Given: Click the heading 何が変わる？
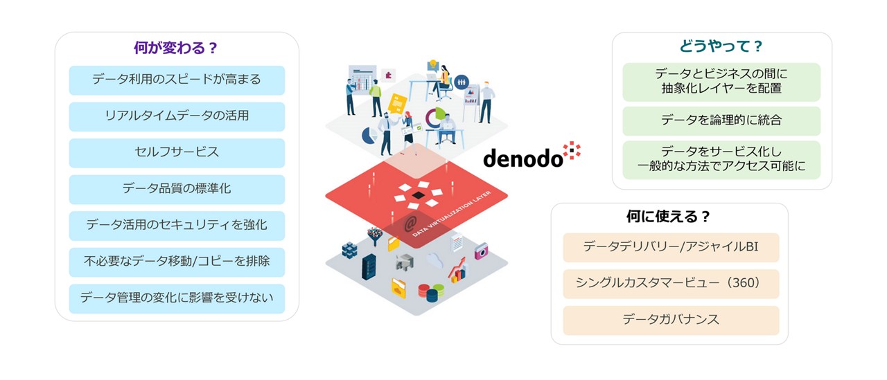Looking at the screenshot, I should pos(176,48).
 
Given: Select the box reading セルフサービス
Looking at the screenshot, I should pos(176,152).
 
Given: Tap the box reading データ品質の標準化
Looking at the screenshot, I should pos(176,189).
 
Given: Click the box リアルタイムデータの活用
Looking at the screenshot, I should pos(176,116).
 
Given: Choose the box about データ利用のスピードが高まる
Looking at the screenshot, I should pos(176,80).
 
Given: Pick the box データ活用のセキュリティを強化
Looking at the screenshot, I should pos(176,225).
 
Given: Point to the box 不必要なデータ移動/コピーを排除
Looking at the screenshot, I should pos(176,262).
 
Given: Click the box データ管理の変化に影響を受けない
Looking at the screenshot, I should pos(176,298).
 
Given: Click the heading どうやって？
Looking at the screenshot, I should pos(721,47).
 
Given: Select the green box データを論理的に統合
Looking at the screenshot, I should pos(721,120).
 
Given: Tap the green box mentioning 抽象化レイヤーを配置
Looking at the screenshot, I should pos(721,82).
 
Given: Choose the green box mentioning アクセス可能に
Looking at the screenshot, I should pos(721,160).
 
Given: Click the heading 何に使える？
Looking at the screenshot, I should pos(669,217).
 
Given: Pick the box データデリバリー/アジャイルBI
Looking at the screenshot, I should pos(670,247).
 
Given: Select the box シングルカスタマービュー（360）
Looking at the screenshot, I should pos(670,284).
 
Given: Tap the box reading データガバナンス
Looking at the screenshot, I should pos(670,320).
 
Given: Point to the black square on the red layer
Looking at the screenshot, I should pos(416,197).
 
